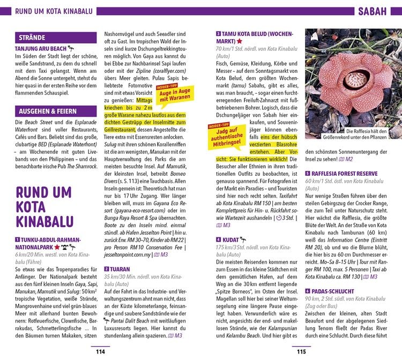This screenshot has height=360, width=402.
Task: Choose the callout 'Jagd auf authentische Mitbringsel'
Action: (x=225, y=136)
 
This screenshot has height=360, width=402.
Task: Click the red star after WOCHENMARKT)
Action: (x=239, y=41)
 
